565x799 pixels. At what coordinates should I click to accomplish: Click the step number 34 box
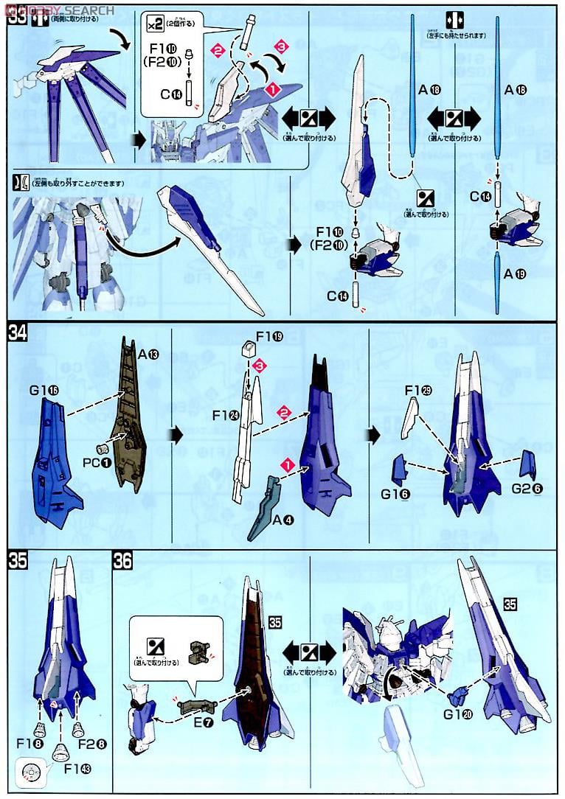(16, 334)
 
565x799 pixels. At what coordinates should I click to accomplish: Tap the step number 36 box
(122, 562)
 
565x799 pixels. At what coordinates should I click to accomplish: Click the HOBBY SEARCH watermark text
(59, 10)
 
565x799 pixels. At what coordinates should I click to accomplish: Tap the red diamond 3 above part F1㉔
(257, 366)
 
